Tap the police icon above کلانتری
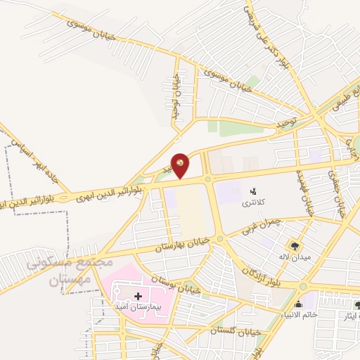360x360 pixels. (x=252, y=191)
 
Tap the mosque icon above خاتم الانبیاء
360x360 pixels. (x=298, y=304)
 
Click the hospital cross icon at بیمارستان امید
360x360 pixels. (x=138, y=297)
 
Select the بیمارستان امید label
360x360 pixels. (x=139, y=308)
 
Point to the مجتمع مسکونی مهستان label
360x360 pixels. (x=70, y=271)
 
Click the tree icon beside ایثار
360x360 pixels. (x=357, y=304)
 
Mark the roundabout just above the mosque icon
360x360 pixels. (x=302, y=286)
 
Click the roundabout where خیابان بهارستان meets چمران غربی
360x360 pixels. (x=220, y=240)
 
